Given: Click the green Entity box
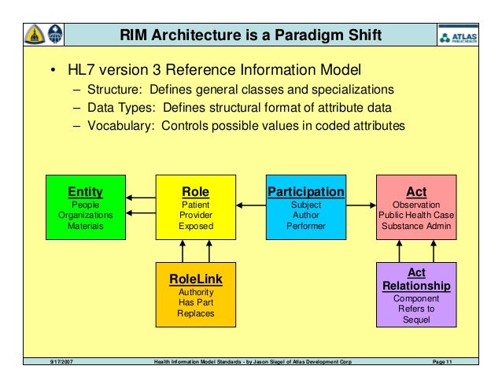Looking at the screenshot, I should pos(86,207).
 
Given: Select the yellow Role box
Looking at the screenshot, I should pos(196,207).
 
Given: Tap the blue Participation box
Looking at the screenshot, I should pos(306,207).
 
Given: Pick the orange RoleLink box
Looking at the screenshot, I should pos(196,294).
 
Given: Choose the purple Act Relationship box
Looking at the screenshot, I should pos(416,294).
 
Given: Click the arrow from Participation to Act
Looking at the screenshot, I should pos(361,207).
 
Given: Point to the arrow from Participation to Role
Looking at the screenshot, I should pos(251,207).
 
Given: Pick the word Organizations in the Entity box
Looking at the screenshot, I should pos(86,215).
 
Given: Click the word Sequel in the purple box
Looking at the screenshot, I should pos(416,320).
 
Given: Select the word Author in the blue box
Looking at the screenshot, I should pos(306,215).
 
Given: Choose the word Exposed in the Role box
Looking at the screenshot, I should pos(196,227).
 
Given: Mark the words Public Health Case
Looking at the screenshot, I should pos(416,215).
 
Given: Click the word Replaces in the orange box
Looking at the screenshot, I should pos(196,313).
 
